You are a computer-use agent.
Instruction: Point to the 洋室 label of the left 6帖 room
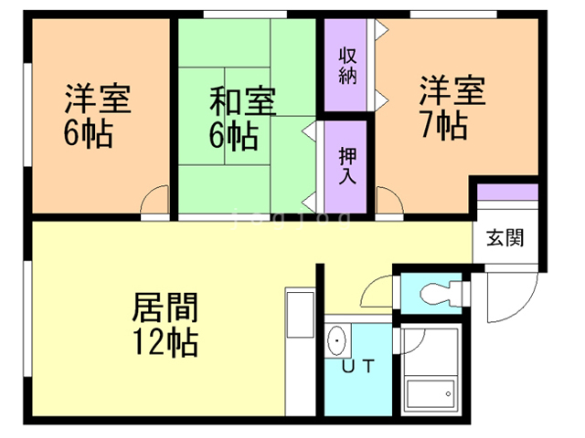pyautogui.click(x=97, y=99)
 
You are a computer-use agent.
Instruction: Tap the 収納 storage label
pyautogui.click(x=347, y=66)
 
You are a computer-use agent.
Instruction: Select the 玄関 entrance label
pyautogui.click(x=504, y=240)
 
